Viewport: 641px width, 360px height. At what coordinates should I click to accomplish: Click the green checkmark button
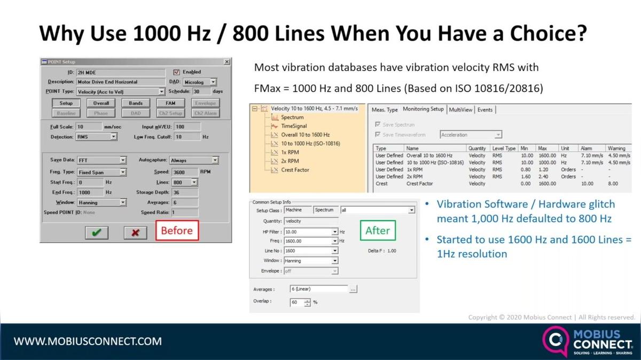click(97, 232)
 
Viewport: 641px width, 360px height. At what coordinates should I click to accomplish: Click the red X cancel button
click(136, 232)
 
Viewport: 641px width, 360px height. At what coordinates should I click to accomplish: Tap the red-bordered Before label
click(177, 230)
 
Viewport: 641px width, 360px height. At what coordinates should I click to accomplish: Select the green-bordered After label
click(377, 230)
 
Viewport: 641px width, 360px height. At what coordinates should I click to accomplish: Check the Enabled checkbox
click(177, 72)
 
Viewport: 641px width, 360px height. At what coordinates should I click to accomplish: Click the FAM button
click(170, 103)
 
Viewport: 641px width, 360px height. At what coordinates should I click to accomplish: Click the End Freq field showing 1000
click(90, 192)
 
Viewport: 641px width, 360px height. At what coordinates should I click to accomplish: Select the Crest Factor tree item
click(294, 170)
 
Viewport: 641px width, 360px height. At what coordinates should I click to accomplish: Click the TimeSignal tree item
click(294, 126)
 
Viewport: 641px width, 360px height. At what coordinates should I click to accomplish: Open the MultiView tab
click(460, 109)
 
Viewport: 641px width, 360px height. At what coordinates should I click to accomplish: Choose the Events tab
click(485, 109)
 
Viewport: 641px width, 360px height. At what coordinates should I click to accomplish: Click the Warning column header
click(616, 148)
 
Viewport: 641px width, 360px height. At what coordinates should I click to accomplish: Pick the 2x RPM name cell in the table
click(414, 176)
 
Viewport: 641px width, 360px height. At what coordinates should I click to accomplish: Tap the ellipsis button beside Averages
click(353, 289)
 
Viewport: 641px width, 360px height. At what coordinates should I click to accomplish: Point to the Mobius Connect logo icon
click(554, 340)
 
